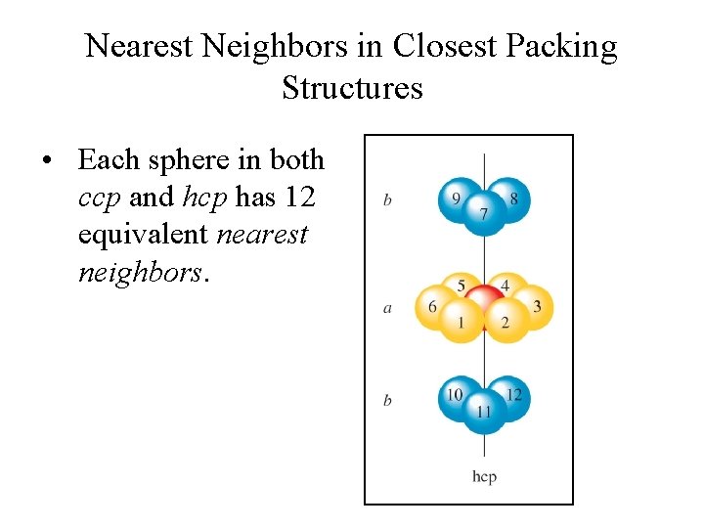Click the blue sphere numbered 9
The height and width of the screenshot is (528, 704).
[x=457, y=198]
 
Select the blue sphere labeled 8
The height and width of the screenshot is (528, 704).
[x=511, y=198]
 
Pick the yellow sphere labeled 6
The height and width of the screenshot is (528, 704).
[x=433, y=306]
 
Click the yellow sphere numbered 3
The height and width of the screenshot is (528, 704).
[x=534, y=306]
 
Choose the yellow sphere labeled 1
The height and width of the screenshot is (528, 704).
[x=461, y=322]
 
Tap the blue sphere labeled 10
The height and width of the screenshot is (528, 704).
[x=457, y=395]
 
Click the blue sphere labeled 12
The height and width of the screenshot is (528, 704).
[x=512, y=395]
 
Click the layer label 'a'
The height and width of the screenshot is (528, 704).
[x=387, y=308]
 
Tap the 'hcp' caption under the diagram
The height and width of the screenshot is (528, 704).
[x=484, y=476]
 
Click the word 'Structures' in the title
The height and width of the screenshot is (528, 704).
[x=352, y=87]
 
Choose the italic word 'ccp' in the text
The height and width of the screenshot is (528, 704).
[x=99, y=197]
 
